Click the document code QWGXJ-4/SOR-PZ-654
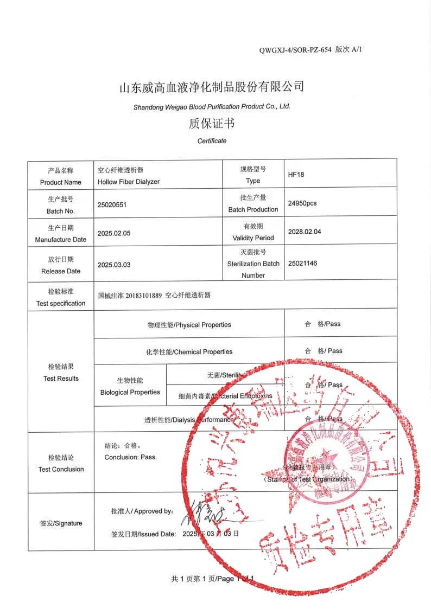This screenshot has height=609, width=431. click(295, 50)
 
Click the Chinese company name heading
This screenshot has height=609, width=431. click(212, 87)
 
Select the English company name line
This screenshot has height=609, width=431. click(212, 107)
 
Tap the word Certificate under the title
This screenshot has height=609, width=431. click(212, 141)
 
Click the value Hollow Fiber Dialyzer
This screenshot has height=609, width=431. click(129, 182)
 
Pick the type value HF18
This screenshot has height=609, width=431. click(296, 175)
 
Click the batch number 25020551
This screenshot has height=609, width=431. click(112, 205)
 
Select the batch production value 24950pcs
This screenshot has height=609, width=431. click(302, 203)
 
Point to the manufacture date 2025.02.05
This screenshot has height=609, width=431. click(114, 234)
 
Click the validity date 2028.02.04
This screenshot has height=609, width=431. click(305, 232)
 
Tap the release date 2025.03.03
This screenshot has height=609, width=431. click(114, 265)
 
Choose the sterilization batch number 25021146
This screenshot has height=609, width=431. click(302, 263)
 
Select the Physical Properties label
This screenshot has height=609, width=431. click(189, 325)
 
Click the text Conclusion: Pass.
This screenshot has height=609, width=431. click(130, 457)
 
